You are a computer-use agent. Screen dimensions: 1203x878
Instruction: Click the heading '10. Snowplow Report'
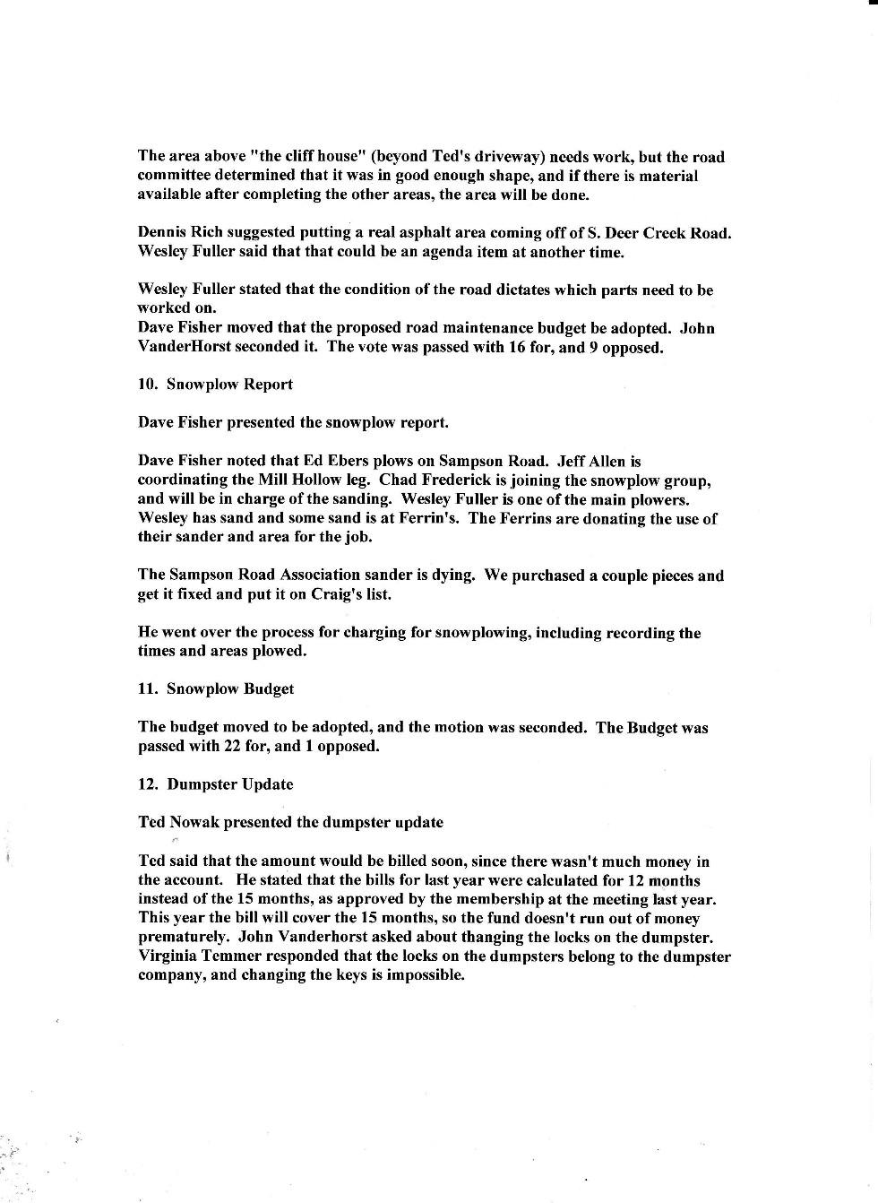(215, 385)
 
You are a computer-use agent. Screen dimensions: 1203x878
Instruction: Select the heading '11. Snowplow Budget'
(216, 689)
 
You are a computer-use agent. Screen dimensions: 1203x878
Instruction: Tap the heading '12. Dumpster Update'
(215, 784)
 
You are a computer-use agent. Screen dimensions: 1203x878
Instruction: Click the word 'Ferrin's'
(434, 518)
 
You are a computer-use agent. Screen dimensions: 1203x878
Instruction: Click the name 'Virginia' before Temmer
(168, 956)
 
